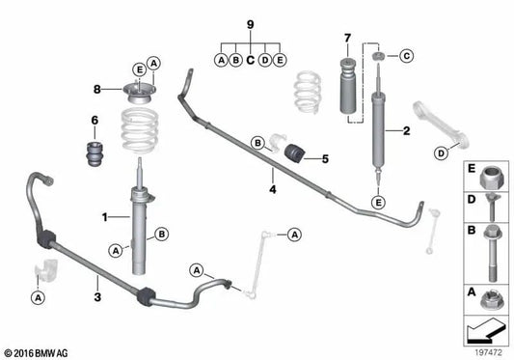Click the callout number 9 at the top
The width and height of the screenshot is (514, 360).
click(250, 22)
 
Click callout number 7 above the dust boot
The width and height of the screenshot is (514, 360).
click(346, 40)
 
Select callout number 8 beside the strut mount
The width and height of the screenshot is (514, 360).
click(96, 90)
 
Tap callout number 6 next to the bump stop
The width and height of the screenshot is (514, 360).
click(95, 120)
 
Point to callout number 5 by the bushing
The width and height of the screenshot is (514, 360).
click(325, 157)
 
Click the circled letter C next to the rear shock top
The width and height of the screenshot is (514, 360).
click(405, 56)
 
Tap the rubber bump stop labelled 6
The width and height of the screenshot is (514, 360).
click(94, 154)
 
